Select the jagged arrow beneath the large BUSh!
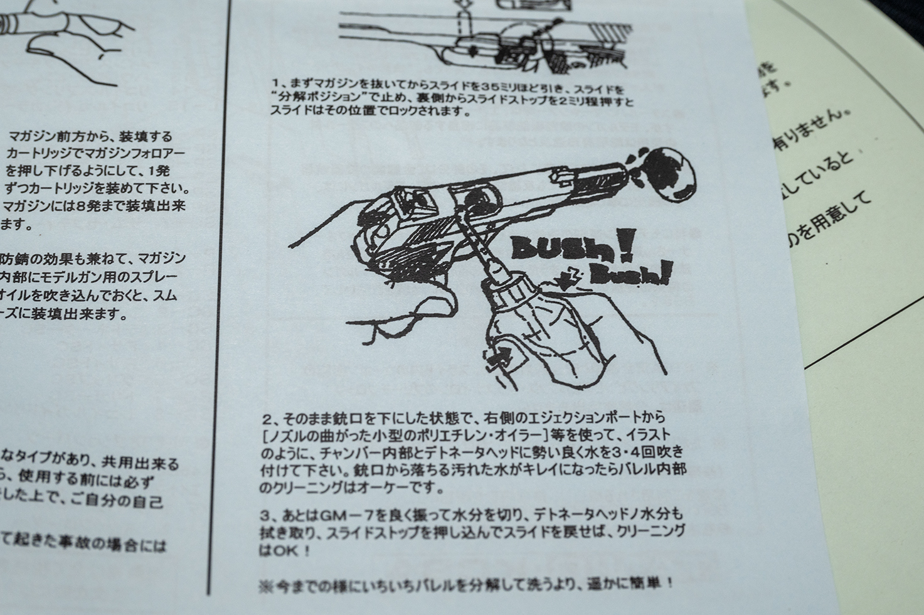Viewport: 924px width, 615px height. (569, 277)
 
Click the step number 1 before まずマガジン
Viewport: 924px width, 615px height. (276, 83)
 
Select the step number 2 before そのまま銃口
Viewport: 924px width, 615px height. (266, 419)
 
